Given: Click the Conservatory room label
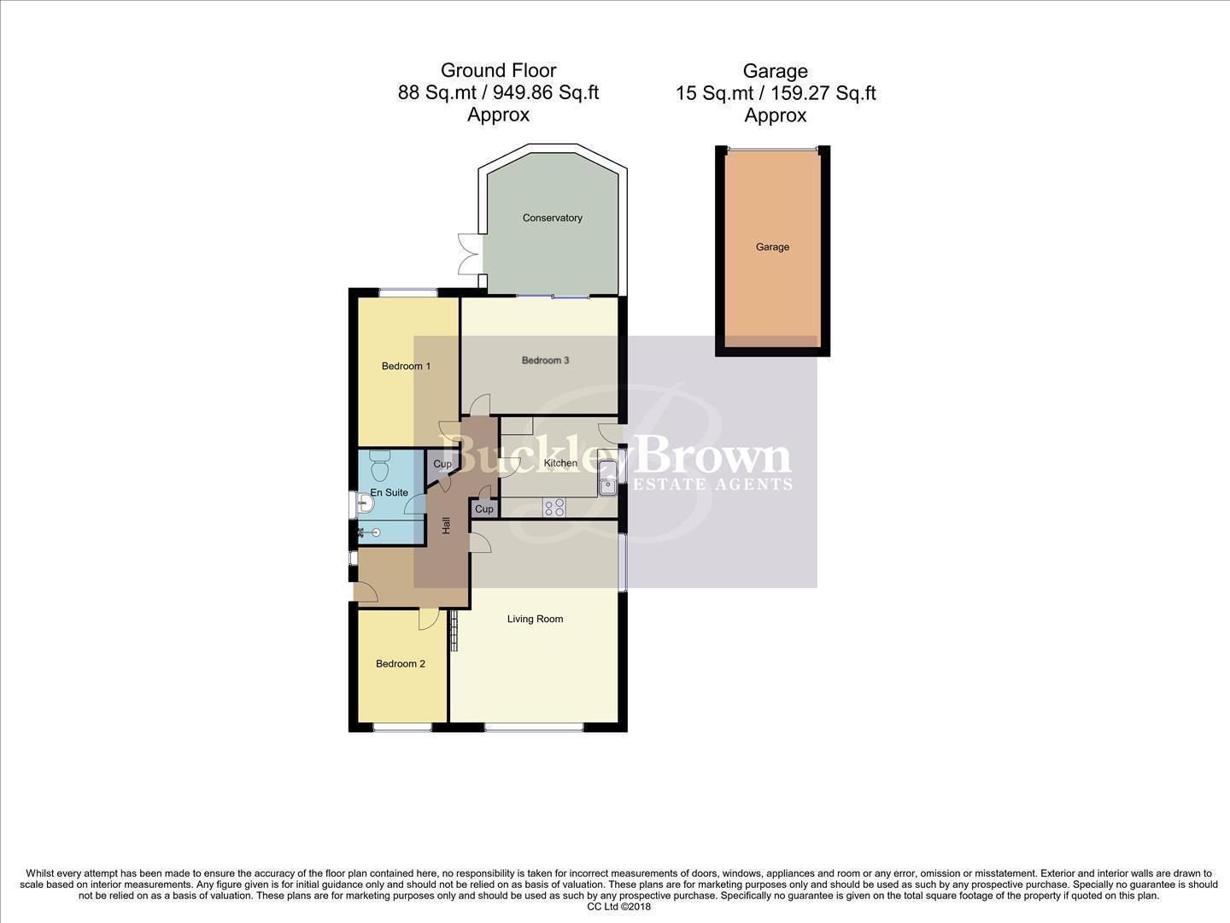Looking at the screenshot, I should click(x=552, y=218).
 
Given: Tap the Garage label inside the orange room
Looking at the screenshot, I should click(x=772, y=247).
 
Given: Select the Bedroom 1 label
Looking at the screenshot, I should click(x=406, y=366).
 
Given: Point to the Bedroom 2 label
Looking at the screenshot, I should click(x=401, y=663).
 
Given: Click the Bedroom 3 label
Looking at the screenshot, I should click(x=545, y=361).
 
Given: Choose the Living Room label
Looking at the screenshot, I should click(x=535, y=619).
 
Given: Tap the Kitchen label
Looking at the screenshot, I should click(x=560, y=463).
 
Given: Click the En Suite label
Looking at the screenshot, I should click(x=389, y=492).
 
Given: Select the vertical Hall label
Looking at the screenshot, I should click(x=446, y=526).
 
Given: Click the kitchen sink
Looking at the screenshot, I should click(x=607, y=478).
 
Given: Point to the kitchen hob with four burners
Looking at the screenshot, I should click(x=554, y=508).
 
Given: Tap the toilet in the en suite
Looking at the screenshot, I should click(x=380, y=467).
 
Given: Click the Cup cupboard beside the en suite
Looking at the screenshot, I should click(x=442, y=464).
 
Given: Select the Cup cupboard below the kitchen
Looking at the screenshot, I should click(x=483, y=509).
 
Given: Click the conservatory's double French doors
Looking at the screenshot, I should click(x=468, y=254).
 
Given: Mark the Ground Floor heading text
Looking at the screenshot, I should click(x=498, y=71).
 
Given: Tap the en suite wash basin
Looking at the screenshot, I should click(x=365, y=504).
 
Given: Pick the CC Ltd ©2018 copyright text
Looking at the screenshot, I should click(x=619, y=907).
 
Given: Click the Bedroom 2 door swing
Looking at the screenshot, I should click(x=428, y=620).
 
